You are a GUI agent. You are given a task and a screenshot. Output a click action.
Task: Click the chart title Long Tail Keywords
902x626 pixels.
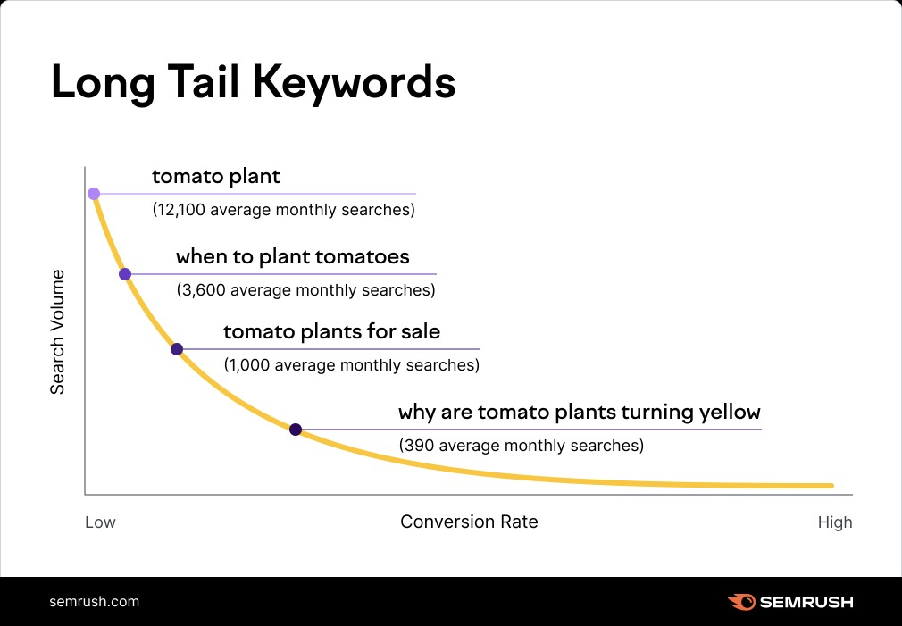click(253, 82)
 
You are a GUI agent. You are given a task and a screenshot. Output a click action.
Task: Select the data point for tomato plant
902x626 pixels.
click(94, 194)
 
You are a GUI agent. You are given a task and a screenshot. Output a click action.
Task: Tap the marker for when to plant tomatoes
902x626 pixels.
click(125, 274)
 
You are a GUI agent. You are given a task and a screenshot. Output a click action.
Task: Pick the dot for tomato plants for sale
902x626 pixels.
click(177, 349)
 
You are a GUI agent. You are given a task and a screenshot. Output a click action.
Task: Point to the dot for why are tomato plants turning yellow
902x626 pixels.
click(296, 430)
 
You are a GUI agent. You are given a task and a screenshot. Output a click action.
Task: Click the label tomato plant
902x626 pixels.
click(216, 177)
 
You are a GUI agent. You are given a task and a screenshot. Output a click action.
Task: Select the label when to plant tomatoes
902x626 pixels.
click(292, 257)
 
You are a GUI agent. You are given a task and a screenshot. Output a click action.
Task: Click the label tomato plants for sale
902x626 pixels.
click(331, 332)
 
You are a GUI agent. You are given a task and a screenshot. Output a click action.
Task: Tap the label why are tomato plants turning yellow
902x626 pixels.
click(579, 413)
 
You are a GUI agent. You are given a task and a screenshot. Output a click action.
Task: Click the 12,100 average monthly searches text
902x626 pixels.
click(283, 211)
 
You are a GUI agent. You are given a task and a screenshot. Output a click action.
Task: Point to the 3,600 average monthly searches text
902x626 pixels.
click(305, 290)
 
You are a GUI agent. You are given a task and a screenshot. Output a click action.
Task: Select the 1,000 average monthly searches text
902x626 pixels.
click(351, 365)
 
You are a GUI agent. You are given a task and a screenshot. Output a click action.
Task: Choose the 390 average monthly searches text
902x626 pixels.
click(521, 445)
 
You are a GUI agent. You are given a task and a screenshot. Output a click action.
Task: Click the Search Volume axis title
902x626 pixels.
click(57, 331)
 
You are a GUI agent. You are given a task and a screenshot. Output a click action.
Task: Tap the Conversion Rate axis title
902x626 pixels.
click(469, 522)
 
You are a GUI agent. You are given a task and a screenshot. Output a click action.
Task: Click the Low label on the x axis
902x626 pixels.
click(100, 522)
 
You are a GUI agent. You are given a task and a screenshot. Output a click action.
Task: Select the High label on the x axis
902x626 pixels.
click(835, 522)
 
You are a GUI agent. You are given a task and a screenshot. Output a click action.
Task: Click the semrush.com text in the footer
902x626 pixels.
click(94, 601)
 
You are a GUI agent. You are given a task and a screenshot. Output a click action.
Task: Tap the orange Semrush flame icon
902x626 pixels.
click(740, 602)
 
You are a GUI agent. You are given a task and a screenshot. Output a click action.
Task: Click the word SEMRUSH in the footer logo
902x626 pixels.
click(806, 602)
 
